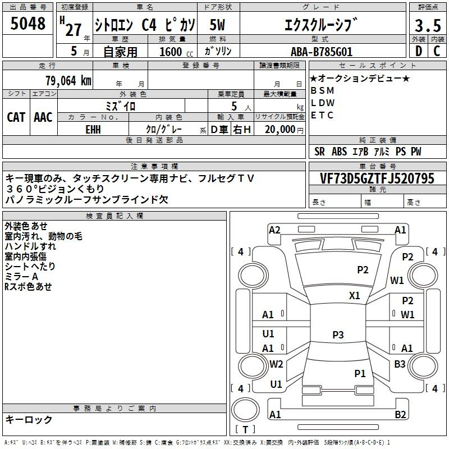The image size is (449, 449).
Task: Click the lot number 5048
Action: pyautogui.click(x=28, y=24)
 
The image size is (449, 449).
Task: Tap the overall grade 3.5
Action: pyautogui.click(x=428, y=25)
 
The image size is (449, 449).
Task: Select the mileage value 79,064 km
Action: pyautogui.click(x=68, y=81)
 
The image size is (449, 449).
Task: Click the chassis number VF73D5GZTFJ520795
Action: pyautogui.click(x=377, y=178)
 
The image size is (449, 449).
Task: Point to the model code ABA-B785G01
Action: pyautogui.click(x=322, y=52)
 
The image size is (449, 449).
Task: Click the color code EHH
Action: pyautogui.click(x=93, y=130)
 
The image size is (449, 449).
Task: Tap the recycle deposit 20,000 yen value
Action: pyautogui.click(x=284, y=130)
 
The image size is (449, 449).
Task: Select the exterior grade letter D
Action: pyautogui.click(x=419, y=51)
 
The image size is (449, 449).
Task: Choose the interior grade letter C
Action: pyautogui.click(x=437, y=51)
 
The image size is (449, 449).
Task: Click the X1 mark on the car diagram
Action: pyautogui.click(x=355, y=295)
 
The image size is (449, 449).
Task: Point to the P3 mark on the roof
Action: pyautogui.click(x=338, y=335)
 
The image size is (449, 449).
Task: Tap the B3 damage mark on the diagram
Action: pyautogui.click(x=400, y=364)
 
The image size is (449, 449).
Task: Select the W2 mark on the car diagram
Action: pyautogui.click(x=276, y=364)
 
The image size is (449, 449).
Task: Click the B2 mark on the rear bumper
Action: pyautogui.click(x=400, y=414)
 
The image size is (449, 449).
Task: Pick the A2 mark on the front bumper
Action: pyautogui.click(x=274, y=230)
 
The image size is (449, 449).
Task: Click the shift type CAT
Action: pyautogui.click(x=16, y=117)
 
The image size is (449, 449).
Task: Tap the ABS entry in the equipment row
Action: pyautogui.click(x=339, y=152)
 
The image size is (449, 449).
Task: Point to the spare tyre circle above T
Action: pyautogui.click(x=245, y=410)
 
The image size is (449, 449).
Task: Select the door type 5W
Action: pyautogui.click(x=217, y=25)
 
